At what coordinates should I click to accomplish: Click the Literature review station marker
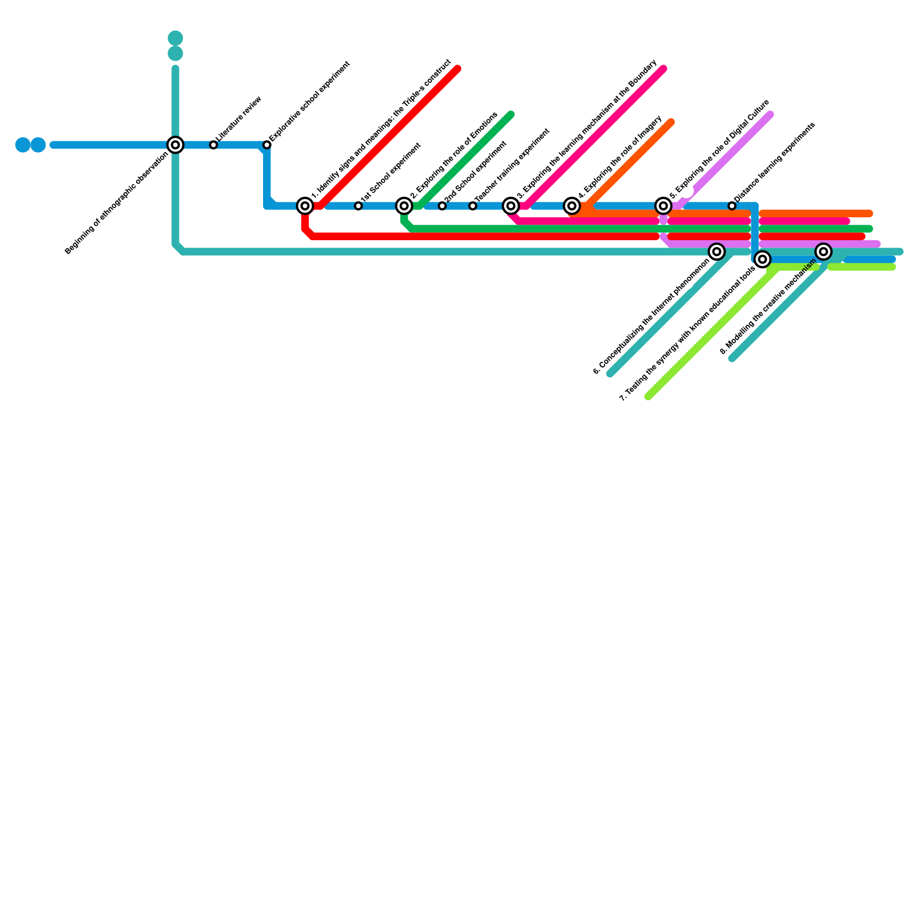[213, 145]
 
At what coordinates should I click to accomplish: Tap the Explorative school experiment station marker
[267, 145]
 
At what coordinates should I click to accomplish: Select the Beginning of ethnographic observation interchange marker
[176, 145]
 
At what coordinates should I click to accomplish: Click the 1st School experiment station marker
[358, 206]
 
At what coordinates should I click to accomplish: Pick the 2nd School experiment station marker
[442, 206]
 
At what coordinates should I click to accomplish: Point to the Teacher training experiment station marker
[472, 206]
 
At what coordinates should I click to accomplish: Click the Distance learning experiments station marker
[732, 206]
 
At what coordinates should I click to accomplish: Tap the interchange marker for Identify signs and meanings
[305, 206]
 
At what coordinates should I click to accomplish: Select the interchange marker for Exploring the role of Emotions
[404, 206]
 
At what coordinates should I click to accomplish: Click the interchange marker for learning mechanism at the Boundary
[511, 206]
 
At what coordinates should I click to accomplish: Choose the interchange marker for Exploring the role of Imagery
[572, 206]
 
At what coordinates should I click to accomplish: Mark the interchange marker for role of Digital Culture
[663, 206]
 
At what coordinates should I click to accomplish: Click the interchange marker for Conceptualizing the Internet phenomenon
[717, 252]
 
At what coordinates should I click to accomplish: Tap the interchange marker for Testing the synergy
[762, 259]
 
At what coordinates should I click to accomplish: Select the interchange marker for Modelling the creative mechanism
[823, 252]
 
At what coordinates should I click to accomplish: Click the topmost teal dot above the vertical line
[176, 38]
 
